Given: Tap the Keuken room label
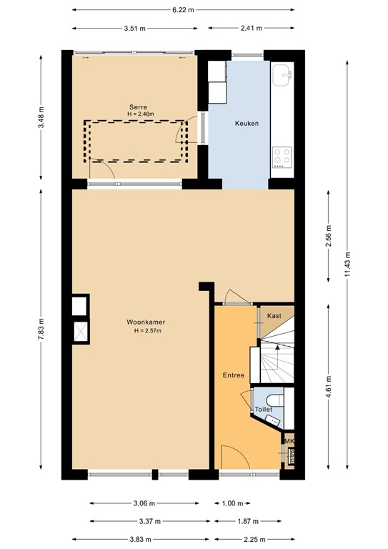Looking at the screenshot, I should pyautogui.click(x=247, y=124).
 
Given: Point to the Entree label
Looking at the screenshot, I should pyautogui.click(x=233, y=375).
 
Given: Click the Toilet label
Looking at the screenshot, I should pyautogui.click(x=264, y=410).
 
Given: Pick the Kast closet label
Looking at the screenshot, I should pyautogui.click(x=274, y=315).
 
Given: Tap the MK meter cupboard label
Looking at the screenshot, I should pyautogui.click(x=289, y=442).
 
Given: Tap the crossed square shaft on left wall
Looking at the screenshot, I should pyautogui.click(x=79, y=332).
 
